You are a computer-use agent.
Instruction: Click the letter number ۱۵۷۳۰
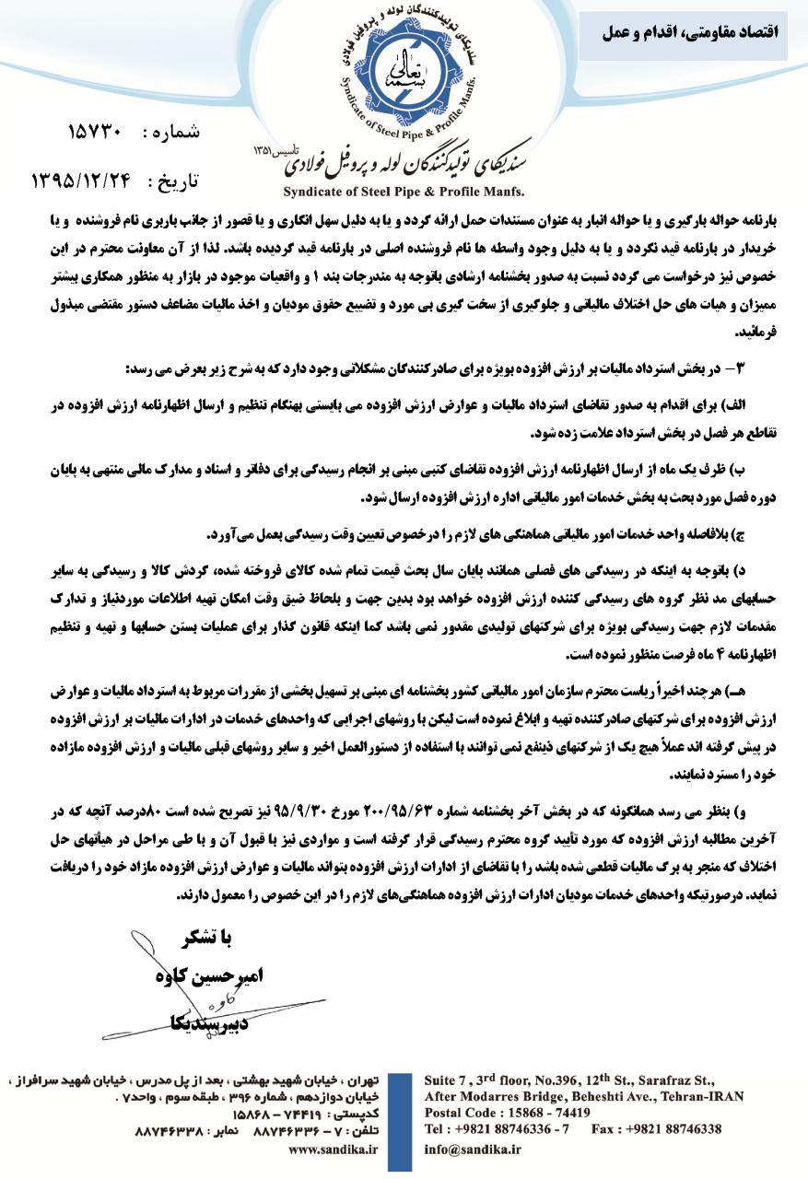coord(96,131)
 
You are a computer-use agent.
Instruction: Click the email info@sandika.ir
coord(473,1149)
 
